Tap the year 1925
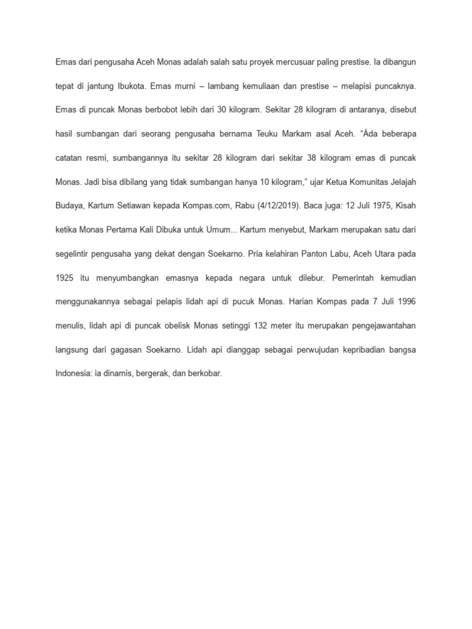click(x=65, y=278)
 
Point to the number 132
click(x=262, y=325)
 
